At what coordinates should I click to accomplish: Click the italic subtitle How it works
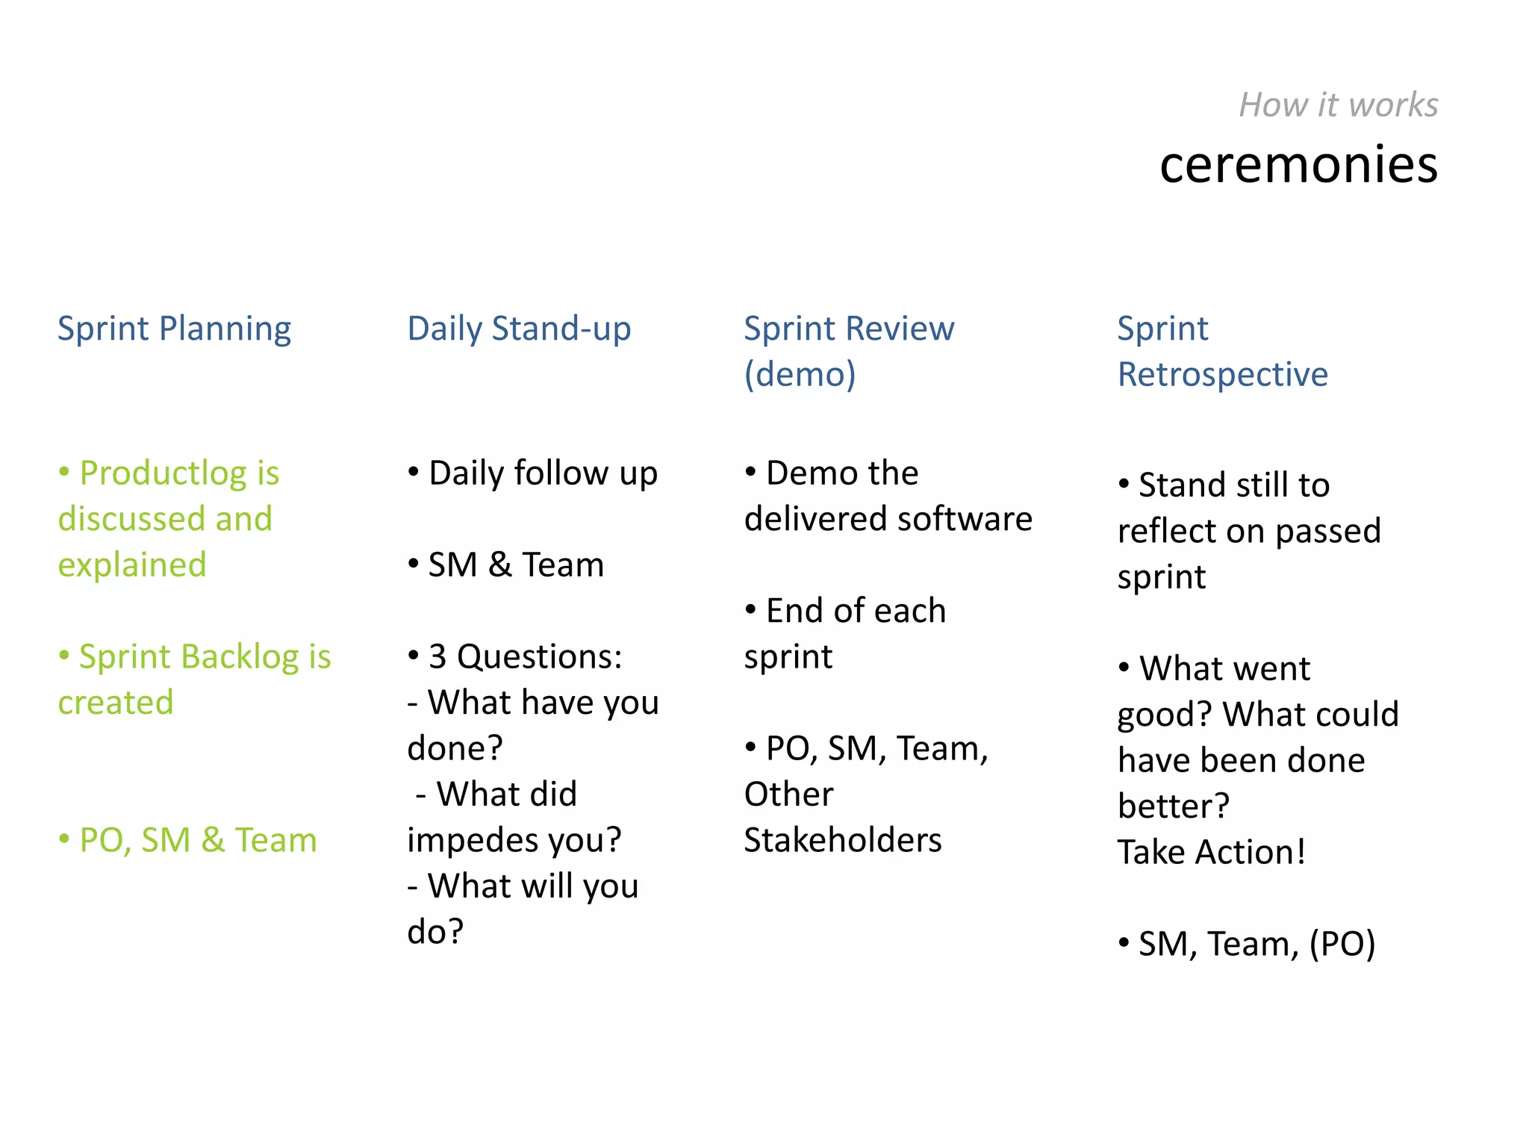(1338, 105)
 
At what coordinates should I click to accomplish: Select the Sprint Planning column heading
(174, 329)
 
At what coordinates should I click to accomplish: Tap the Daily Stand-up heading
(519, 329)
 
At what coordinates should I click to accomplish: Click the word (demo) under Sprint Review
(800, 374)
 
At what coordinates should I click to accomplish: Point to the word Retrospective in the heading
(1222, 374)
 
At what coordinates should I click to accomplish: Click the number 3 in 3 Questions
(437, 657)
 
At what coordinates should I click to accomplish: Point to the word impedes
(470, 840)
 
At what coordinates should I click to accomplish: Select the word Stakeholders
(843, 840)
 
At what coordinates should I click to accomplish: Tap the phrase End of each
(856, 611)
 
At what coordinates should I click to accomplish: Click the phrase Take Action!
(1211, 852)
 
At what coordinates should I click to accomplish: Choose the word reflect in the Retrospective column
(1166, 531)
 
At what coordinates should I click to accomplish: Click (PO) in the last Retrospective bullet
(1342, 944)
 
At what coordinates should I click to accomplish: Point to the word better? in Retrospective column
(1173, 806)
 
